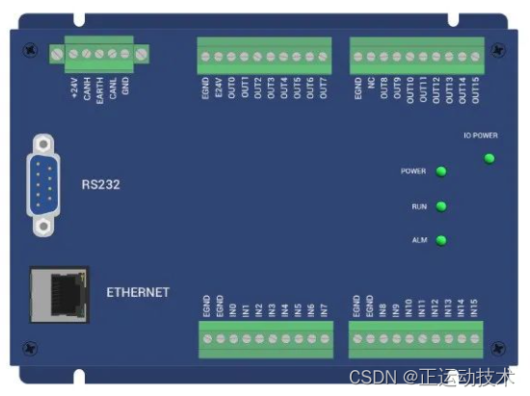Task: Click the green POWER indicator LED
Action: point(441,172)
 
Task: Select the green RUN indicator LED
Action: point(441,206)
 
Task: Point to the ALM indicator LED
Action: point(441,241)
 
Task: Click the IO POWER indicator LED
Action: point(490,158)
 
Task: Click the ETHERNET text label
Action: point(138,292)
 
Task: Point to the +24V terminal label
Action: point(74,88)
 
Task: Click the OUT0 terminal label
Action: point(232,91)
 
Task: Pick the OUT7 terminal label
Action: point(323,91)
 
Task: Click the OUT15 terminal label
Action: point(475,92)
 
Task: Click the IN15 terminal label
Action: point(475,308)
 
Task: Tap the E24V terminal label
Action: point(219,91)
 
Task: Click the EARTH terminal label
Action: point(99,91)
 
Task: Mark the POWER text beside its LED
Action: point(412,172)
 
